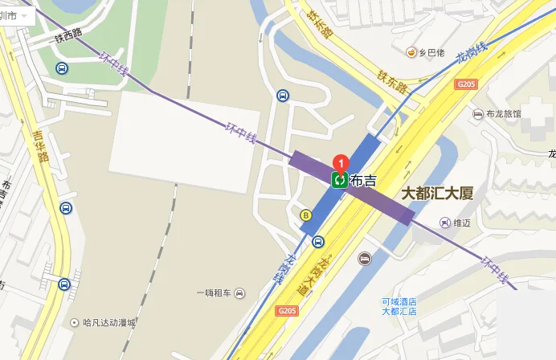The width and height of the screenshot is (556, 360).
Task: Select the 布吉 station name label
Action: (363, 181)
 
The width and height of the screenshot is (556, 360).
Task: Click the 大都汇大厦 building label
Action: (438, 194)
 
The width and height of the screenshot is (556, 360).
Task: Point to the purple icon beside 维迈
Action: (444, 222)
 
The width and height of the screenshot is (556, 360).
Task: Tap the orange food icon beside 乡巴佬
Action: (411, 52)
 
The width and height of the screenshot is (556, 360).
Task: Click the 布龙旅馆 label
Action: (504, 114)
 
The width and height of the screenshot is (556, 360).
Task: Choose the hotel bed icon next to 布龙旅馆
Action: (479, 114)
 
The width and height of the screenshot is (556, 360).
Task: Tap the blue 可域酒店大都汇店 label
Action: (404, 307)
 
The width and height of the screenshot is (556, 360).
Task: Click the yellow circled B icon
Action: (305, 215)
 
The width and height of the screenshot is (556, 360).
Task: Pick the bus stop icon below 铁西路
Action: (62, 69)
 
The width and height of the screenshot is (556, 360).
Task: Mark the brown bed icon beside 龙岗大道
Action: (364, 259)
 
